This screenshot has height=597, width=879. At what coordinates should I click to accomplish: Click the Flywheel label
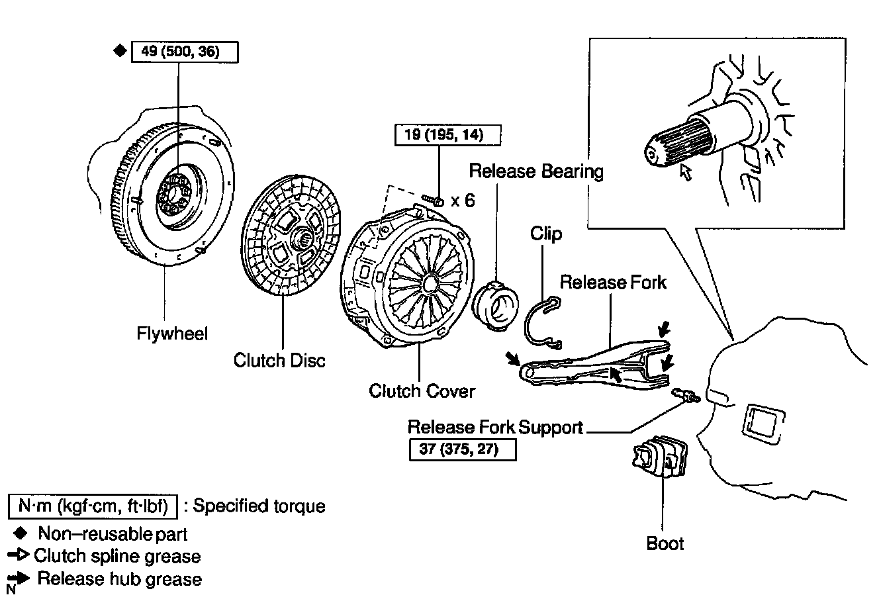[172, 333]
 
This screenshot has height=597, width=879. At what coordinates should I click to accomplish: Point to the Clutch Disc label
[279, 361]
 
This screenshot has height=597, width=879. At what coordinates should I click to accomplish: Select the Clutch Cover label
[422, 391]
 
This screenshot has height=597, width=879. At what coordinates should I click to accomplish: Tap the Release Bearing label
[536, 171]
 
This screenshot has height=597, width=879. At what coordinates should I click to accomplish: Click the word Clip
[546, 234]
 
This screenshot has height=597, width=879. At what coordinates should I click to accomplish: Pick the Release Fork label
[613, 283]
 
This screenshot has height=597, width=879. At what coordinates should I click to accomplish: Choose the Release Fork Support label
[495, 427]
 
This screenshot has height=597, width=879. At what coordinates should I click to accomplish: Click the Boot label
[665, 544]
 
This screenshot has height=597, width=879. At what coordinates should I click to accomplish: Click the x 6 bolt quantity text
[463, 201]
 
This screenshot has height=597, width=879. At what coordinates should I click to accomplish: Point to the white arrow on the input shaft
[686, 173]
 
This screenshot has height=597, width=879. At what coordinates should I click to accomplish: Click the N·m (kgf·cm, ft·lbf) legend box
[93, 506]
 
